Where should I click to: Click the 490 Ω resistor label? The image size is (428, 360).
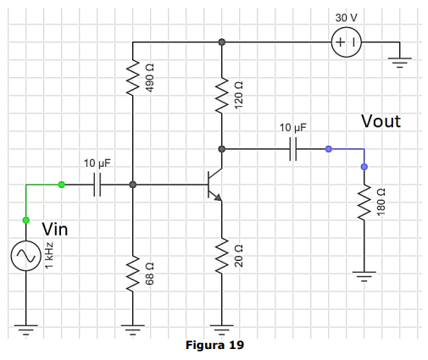tap(149, 78)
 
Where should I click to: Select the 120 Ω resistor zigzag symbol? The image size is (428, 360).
tap(222, 96)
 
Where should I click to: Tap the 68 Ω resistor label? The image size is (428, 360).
tap(149, 274)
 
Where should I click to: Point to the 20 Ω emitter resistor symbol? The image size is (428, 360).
tap(222, 256)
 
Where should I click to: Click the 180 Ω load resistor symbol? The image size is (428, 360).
tap(364, 202)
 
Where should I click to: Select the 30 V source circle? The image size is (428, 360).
tap(347, 42)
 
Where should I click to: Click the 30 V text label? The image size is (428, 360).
tap(346, 18)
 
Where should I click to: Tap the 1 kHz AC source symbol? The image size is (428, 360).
tap(26, 256)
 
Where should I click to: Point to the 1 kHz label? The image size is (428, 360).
tap(49, 256)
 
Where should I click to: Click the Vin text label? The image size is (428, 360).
tap(55, 229)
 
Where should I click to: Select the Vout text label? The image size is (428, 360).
tap(381, 121)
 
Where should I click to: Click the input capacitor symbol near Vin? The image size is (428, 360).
tap(97, 185)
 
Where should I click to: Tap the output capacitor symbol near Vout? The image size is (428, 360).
tap(293, 149)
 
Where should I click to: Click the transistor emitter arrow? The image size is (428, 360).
tap(218, 197)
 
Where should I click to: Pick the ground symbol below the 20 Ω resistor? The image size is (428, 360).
tap(222, 330)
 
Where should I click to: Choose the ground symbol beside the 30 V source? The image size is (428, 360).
tap(400, 63)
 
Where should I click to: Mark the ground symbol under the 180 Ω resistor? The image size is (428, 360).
tap(364, 277)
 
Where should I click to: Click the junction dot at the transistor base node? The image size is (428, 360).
tap(133, 185)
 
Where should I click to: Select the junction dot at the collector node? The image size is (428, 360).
tap(222, 149)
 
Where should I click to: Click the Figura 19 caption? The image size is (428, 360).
tap(214, 345)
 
